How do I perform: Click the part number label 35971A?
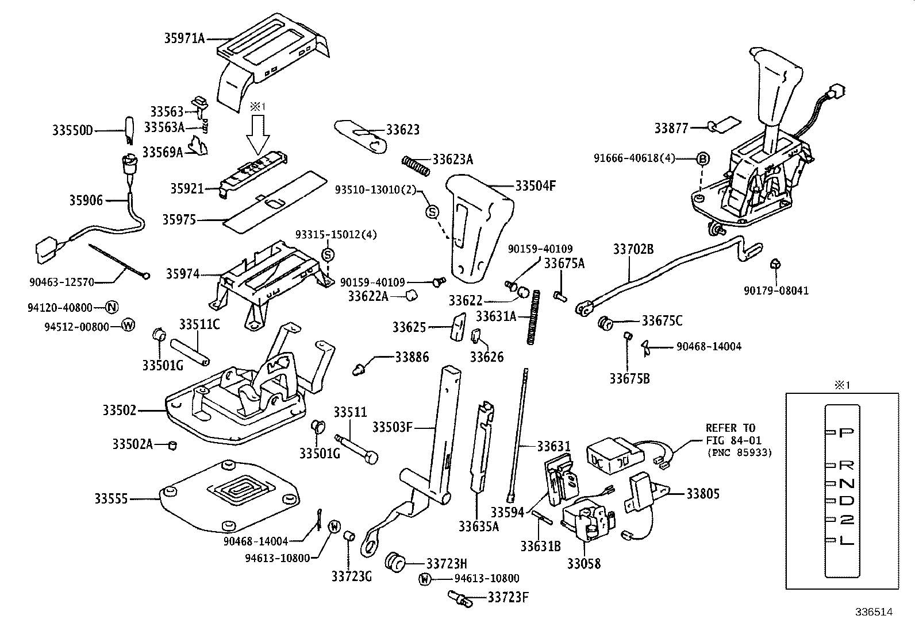pyautogui.click(x=184, y=38)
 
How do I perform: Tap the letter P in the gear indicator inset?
pyautogui.click(x=846, y=432)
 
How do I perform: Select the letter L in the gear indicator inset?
pyautogui.click(x=846, y=540)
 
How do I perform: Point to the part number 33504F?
pyautogui.click(x=535, y=186)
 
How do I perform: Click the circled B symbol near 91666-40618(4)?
pyautogui.click(x=702, y=160)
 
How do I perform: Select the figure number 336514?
pyautogui.click(x=872, y=612)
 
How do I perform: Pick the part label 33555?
pyautogui.click(x=112, y=499)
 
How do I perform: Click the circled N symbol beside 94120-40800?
pyautogui.click(x=112, y=307)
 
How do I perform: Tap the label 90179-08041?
pyautogui.click(x=776, y=291)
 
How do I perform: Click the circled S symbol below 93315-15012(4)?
pyautogui.click(x=328, y=254)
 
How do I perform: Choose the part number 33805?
pyautogui.click(x=702, y=494)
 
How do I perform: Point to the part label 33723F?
pyautogui.click(x=508, y=598)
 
